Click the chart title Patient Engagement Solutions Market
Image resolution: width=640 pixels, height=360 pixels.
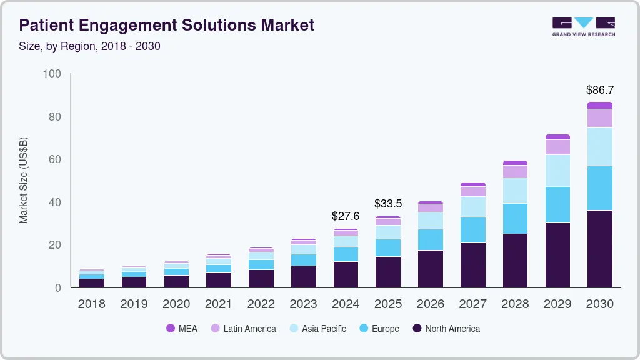click(166, 25)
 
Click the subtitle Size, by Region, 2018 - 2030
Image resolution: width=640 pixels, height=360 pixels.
click(89, 46)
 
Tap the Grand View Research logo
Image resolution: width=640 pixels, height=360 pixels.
click(583, 26)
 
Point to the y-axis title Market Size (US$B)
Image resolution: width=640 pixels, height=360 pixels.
click(24, 180)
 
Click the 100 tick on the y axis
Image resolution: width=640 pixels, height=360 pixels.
click(52, 74)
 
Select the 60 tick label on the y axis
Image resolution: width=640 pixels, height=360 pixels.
click(54, 159)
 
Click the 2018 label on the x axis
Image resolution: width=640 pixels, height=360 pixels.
click(91, 304)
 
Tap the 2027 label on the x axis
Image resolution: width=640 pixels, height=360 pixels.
click(473, 304)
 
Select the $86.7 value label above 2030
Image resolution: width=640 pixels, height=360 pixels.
click(599, 90)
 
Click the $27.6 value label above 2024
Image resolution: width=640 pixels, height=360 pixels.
click(346, 216)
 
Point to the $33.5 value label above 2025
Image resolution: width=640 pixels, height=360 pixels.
click(387, 204)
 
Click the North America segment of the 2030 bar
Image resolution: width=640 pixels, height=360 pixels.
click(600, 249)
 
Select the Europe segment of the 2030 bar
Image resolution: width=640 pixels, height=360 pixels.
click(600, 188)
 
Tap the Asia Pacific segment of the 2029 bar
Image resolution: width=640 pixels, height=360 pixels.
click(557, 170)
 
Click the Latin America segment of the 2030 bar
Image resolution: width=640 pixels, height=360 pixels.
click(600, 117)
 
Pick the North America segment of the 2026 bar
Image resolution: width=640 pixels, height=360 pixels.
click(431, 269)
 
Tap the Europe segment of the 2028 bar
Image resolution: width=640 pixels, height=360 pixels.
click(515, 219)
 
